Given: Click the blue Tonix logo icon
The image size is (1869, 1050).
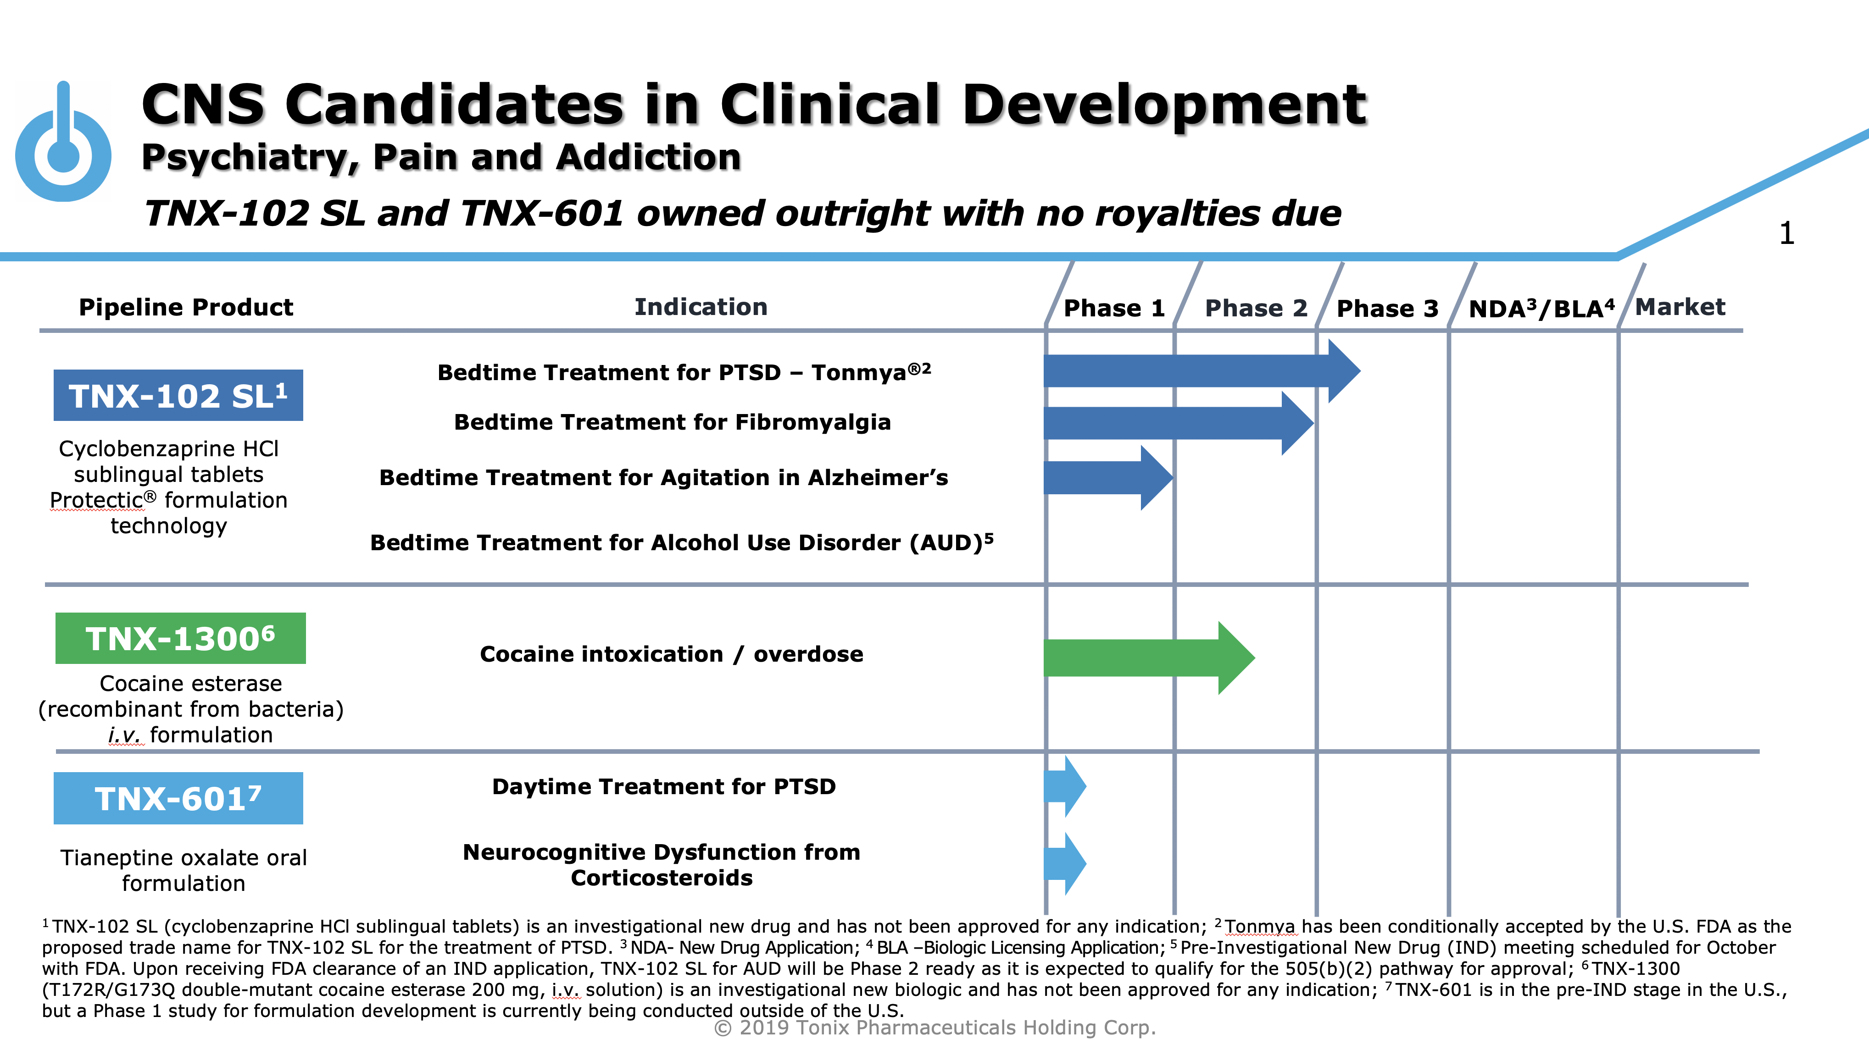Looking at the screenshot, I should [63, 145].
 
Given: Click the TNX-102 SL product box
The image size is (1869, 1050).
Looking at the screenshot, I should [178, 395].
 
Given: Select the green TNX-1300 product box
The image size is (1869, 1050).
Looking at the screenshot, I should [180, 638].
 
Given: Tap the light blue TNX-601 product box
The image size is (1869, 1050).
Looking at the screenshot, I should [178, 798].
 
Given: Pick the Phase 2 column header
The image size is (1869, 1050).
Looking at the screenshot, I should [1255, 308].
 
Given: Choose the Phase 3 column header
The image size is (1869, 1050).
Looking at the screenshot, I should [1386, 308].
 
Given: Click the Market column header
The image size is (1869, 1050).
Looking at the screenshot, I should [1680, 307].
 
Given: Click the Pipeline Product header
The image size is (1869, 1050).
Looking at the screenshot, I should [186, 307].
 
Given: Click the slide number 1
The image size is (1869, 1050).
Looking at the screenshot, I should [1786, 233].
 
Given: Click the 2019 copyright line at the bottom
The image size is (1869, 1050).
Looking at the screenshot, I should [934, 1028].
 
